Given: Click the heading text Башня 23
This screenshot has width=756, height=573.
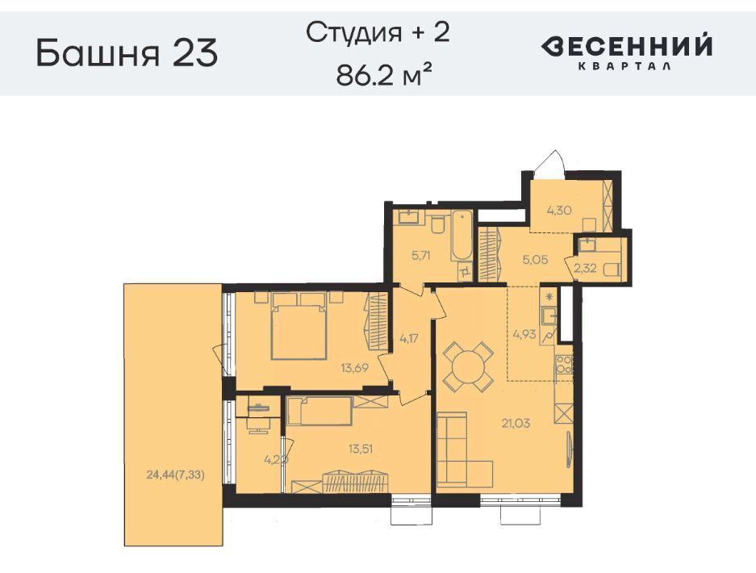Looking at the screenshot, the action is tap(127, 52).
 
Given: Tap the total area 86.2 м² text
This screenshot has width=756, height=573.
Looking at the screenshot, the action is tap(383, 75).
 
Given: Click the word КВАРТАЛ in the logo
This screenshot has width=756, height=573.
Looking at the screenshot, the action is tap(624, 66).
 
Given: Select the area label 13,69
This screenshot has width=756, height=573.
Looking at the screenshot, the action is tap(355, 369).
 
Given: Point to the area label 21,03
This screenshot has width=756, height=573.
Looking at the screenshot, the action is tap(516, 424).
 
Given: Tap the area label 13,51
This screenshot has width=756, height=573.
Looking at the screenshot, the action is tap(361, 449).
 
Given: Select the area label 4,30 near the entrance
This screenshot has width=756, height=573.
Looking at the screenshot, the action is tap(559, 211).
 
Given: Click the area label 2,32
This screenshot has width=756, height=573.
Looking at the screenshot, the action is tap(585, 268).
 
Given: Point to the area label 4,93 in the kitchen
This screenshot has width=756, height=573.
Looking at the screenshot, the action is tap(524, 334).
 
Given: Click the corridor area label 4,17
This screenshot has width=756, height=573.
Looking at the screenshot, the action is tap(409, 338).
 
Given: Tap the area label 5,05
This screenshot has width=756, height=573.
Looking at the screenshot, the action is tap(535, 260).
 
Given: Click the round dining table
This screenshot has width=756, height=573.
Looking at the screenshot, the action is tap(468, 366).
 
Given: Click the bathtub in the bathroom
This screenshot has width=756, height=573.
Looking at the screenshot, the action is tap(464, 236).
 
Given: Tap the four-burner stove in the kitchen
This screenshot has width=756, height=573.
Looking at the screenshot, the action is tap(564, 365).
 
